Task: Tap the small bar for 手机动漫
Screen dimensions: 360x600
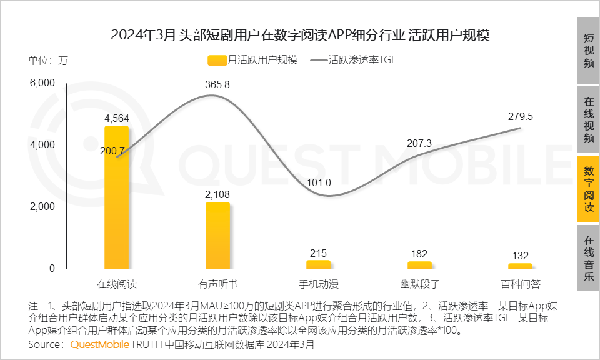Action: pyautogui.click(x=319, y=264)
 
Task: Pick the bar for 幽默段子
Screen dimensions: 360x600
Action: pyautogui.click(x=419, y=265)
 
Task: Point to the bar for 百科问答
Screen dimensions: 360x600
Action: pyautogui.click(x=521, y=266)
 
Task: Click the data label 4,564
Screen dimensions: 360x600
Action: pyautogui.click(x=116, y=118)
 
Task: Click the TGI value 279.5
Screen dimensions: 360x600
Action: pyautogui.click(x=520, y=116)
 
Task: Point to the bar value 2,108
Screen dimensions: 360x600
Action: pyautogui.click(x=217, y=194)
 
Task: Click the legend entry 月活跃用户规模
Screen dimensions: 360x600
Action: pyautogui.click(x=252, y=60)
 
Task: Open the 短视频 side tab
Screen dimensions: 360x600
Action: pyautogui.click(x=588, y=51)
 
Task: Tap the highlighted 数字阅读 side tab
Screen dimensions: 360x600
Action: pyautogui.click(x=588, y=189)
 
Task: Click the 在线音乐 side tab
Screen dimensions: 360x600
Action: pyautogui.click(x=588, y=258)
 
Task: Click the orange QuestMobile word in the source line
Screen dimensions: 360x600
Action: pyautogui.click(x=100, y=344)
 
